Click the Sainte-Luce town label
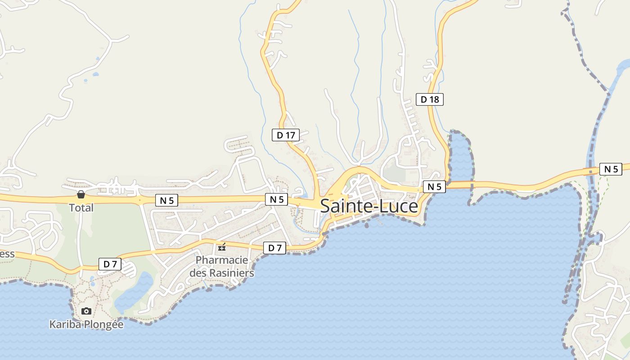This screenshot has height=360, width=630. click(x=369, y=206)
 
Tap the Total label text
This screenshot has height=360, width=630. click(x=81, y=208)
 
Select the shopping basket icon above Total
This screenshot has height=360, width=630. click(x=81, y=194)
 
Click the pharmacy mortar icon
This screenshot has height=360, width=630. click(x=221, y=247)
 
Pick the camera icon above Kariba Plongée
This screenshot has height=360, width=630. click(x=86, y=311)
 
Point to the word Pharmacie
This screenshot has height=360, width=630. click(x=222, y=260)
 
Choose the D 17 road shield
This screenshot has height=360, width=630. click(x=285, y=135)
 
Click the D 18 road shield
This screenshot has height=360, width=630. click(x=429, y=99)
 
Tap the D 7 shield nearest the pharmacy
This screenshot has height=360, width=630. click(x=274, y=247)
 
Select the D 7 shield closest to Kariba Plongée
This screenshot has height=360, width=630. click(x=110, y=264)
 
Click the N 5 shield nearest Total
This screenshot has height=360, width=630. click(x=166, y=201)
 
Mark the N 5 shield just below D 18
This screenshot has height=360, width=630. click(x=434, y=186)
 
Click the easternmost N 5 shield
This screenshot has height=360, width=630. click(x=611, y=169)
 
